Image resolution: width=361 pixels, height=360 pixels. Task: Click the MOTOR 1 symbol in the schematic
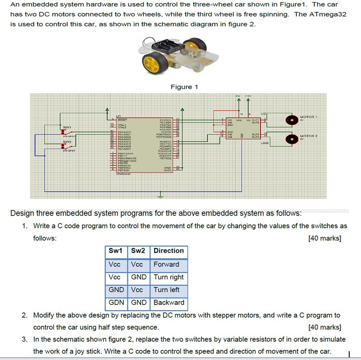pos(289,120)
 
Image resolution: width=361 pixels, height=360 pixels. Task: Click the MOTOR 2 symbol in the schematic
pos(289,139)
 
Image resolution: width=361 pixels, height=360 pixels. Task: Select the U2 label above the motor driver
pos(263,113)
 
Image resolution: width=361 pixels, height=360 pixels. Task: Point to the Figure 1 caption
pos(184,87)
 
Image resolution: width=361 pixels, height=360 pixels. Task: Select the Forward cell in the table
pos(166,264)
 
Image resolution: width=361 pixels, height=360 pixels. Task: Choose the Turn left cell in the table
pos(166,290)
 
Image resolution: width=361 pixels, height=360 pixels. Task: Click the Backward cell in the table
pos(169,302)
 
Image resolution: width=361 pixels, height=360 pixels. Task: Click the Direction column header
pos(168,251)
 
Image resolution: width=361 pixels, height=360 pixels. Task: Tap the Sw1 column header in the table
pos(116,251)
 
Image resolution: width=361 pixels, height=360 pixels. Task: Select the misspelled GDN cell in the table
pos(116,302)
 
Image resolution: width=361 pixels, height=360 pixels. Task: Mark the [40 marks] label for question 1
pos(324,238)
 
